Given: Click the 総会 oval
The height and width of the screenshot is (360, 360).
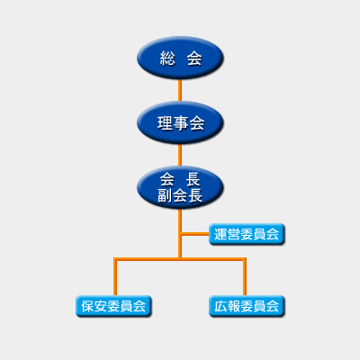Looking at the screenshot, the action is (180, 58).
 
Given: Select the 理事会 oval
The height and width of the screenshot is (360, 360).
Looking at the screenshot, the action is (180, 122).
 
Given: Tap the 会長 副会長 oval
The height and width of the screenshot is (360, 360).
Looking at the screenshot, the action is (180, 187).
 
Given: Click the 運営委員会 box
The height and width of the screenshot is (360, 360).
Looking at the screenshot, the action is (247, 234).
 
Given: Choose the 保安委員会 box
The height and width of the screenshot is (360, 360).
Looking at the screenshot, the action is (113, 306).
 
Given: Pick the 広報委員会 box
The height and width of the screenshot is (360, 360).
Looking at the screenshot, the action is (247, 306).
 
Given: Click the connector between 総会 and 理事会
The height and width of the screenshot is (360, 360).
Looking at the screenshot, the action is (180, 90).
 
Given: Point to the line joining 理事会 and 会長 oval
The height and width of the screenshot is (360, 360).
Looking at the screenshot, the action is (180, 155).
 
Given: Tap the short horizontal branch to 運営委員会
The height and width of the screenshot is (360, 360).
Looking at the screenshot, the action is (195, 234).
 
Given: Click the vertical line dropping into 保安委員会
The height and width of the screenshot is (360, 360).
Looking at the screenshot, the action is (115, 277).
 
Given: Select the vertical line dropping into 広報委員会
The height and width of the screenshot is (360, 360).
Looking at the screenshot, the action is (245, 277).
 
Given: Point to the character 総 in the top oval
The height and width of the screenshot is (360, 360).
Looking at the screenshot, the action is (167, 58).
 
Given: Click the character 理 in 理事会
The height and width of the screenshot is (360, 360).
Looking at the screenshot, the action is (165, 123).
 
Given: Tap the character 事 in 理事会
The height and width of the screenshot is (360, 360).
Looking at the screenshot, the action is (180, 123).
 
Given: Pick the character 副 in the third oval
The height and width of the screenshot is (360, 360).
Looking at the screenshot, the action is (165, 195).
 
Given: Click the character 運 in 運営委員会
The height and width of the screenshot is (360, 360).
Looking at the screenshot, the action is (220, 234).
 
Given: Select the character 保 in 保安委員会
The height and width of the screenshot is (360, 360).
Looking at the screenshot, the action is (87, 306).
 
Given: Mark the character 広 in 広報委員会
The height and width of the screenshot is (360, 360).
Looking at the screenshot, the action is (220, 306).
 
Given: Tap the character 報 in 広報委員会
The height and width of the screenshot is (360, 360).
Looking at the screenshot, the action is (234, 306).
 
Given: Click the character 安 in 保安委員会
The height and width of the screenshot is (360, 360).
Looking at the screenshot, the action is (101, 306).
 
